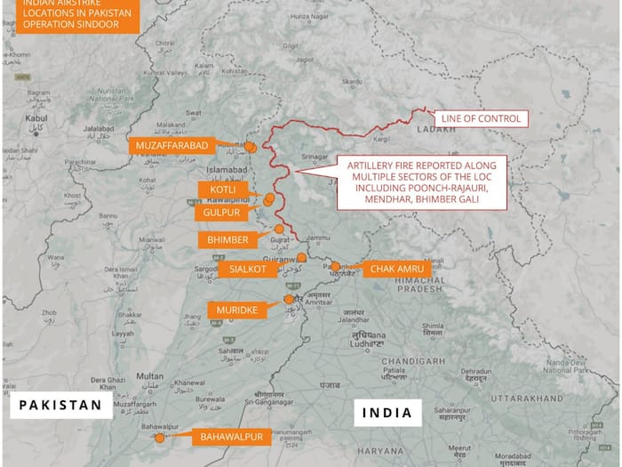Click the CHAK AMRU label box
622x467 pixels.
(396, 269)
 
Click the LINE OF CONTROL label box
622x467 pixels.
(480, 118)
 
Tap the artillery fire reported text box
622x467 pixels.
(420, 182)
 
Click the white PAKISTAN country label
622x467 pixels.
(57, 407)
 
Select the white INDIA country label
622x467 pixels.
(387, 412)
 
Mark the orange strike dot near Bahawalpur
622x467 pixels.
(159, 437)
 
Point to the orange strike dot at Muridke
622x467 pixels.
(288, 300)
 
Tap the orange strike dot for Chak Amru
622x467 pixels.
(335, 266)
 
